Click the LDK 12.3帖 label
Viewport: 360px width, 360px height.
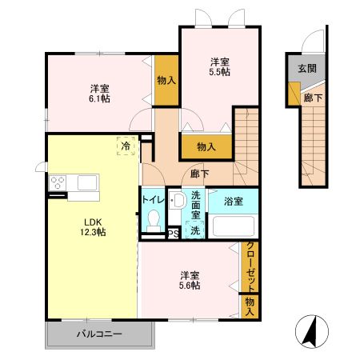(x=93, y=227)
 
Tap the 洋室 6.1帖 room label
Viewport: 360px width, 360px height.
(x=99, y=94)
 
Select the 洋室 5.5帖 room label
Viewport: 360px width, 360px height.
(x=219, y=67)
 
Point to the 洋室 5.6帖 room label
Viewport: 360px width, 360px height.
(x=190, y=281)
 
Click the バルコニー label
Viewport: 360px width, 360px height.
(x=99, y=334)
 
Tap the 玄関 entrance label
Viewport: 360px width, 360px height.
(x=307, y=69)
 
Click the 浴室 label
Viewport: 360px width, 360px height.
(x=234, y=202)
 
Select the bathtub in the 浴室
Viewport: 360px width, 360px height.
(x=233, y=226)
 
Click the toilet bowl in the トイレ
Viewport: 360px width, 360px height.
(x=154, y=221)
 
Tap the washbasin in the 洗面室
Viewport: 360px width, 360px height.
(x=178, y=200)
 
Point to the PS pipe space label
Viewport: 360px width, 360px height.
(x=174, y=234)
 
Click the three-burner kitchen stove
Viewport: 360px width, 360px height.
(x=58, y=182)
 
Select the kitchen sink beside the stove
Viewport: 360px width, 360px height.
(x=87, y=182)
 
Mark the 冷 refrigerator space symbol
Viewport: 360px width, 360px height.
(x=126, y=146)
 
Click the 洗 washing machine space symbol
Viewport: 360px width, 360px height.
(x=195, y=230)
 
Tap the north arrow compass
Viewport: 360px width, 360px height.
(x=312, y=331)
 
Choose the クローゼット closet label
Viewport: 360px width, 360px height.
(x=250, y=266)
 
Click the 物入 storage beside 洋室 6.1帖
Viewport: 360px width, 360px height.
(x=166, y=80)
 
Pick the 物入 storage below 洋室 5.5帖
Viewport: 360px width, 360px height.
(x=206, y=146)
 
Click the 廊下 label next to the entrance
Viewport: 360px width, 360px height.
(x=313, y=98)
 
